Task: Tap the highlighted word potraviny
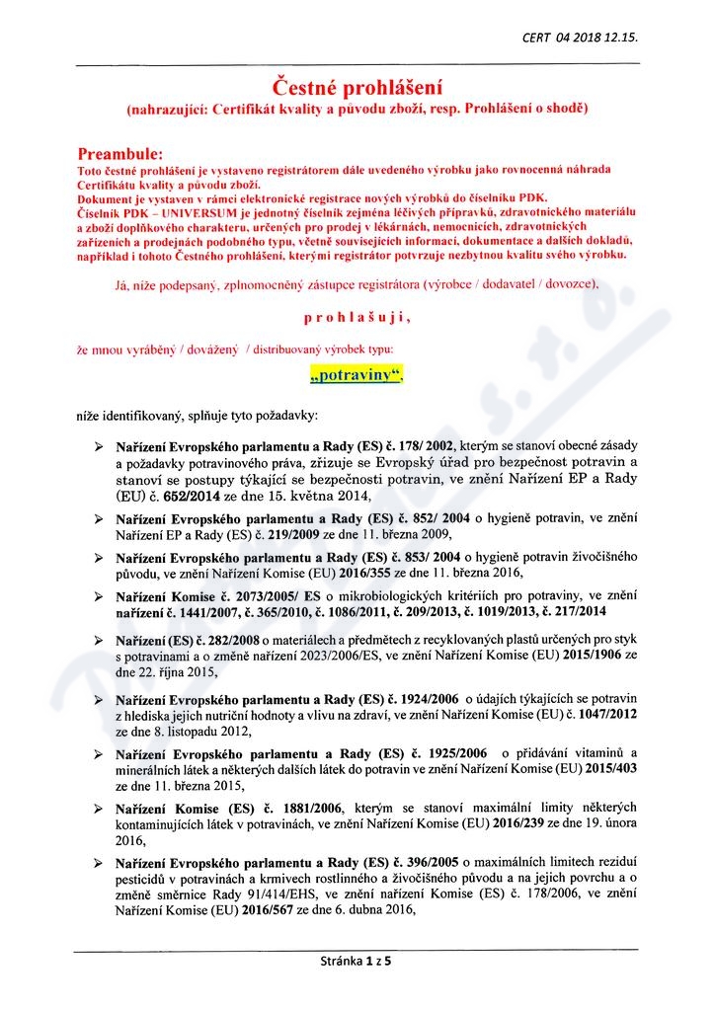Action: point(357,376)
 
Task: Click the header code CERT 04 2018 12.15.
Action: point(580,37)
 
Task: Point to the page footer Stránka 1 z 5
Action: point(357,959)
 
